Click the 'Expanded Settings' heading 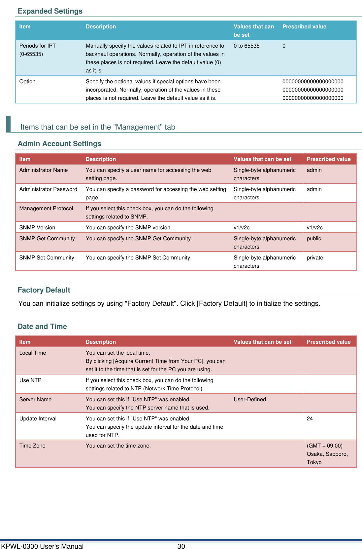pyautogui.click(x=50, y=11)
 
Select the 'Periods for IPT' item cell pyautogui.click(x=38, y=46)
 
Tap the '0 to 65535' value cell pyautogui.click(x=247, y=46)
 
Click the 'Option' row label pyautogui.click(x=27, y=82)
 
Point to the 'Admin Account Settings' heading pyautogui.click(x=59, y=144)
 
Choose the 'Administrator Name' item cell pyautogui.click(x=44, y=170)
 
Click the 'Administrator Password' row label pyautogui.click(x=48, y=189)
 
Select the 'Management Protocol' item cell pyautogui.click(x=46, y=209)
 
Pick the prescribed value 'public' pyautogui.click(x=314, y=239)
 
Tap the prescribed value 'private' pyautogui.click(x=315, y=258)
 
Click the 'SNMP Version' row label pyautogui.click(x=37, y=228)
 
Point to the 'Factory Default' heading pyautogui.click(x=44, y=290)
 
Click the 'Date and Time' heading pyautogui.click(x=42, y=327)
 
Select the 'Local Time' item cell pyautogui.click(x=33, y=353)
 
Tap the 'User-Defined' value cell pyautogui.click(x=250, y=400)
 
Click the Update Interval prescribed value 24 pyautogui.click(x=310, y=419)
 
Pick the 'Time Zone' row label pyautogui.click(x=32, y=446)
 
